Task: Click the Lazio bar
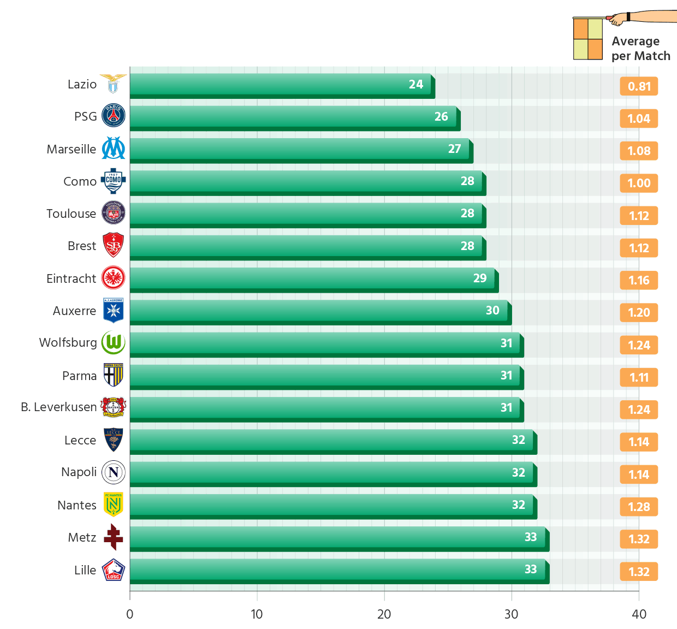click(x=280, y=84)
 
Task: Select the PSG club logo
click(x=114, y=116)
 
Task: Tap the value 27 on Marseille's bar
click(x=454, y=149)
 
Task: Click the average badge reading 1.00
click(x=639, y=183)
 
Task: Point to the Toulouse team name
click(x=71, y=213)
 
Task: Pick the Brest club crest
click(x=114, y=246)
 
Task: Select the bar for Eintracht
click(x=312, y=278)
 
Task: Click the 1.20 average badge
click(x=639, y=313)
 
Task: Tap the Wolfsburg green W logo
click(x=114, y=343)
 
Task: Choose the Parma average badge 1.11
click(x=639, y=377)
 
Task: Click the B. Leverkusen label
click(x=58, y=407)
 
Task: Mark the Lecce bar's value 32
click(x=518, y=440)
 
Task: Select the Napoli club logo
click(x=114, y=472)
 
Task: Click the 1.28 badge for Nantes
click(x=639, y=507)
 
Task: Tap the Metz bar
click(x=337, y=537)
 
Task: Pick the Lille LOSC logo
click(x=114, y=570)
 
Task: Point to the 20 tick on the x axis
click(x=384, y=614)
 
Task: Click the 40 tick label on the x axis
click(x=639, y=614)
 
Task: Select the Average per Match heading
click(x=640, y=49)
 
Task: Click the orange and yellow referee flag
click(x=588, y=39)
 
